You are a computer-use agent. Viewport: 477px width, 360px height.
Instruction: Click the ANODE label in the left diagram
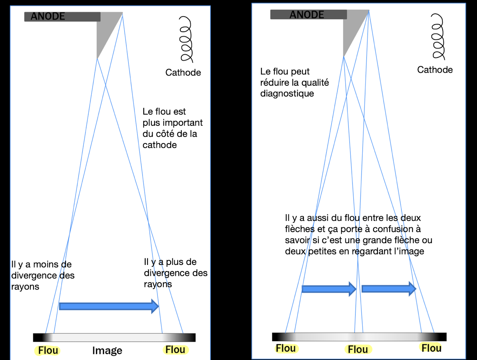pos(48,17)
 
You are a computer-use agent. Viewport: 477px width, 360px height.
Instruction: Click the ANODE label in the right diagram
pos(307,15)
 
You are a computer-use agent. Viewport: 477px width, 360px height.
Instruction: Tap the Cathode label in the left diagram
pos(183,73)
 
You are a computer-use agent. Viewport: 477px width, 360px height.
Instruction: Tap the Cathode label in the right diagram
pos(435,70)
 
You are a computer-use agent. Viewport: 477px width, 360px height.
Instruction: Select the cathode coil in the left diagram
pos(186,40)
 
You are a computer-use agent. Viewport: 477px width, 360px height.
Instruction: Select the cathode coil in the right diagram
pos(438,37)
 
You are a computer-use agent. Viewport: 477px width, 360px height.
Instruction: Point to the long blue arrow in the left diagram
pos(108,307)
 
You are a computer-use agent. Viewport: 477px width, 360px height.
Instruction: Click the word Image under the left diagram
pos(107,351)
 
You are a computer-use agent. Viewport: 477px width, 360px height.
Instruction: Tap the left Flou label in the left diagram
pos(48,351)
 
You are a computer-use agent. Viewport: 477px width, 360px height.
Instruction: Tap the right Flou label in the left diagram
pos(175,350)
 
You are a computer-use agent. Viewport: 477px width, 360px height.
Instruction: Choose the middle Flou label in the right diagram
pos(358,350)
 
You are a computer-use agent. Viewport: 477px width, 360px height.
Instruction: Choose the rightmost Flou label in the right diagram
pos(431,348)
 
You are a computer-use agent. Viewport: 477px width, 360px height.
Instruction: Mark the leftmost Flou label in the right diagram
pos(285,348)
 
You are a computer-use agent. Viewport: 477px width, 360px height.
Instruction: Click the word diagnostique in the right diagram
pos(287,94)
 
